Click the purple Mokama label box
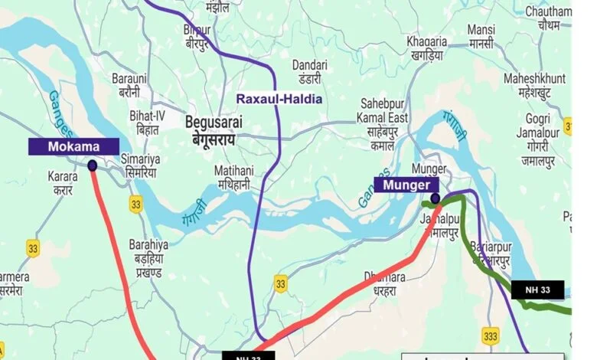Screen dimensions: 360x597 pos(73,146)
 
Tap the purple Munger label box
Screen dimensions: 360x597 pos(406,185)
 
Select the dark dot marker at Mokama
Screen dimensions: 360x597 pos(93,165)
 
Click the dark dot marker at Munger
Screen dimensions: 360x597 pos(435,199)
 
